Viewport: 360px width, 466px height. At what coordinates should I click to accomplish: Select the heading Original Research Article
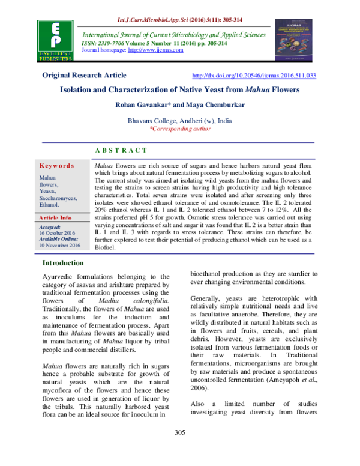(84, 76)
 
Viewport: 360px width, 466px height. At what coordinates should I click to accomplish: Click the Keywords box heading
(57, 165)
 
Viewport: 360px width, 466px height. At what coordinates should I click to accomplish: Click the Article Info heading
(57, 217)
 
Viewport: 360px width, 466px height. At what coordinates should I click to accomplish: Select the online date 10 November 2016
(59, 246)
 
